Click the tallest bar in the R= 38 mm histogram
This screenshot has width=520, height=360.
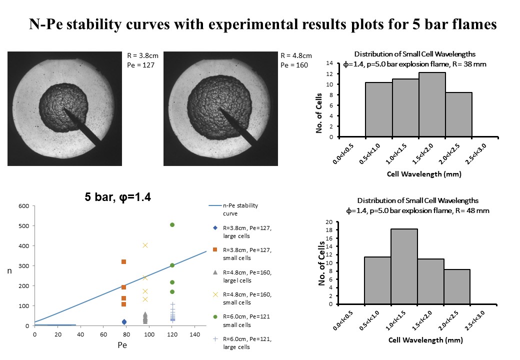(x=432, y=105)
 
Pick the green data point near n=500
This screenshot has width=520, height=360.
(x=172, y=225)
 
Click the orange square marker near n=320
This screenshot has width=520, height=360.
(x=123, y=261)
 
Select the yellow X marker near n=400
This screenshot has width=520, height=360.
(x=145, y=245)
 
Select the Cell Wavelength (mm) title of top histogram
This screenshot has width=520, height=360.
(x=423, y=174)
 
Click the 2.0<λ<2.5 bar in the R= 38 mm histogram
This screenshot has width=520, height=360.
(x=458, y=114)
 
